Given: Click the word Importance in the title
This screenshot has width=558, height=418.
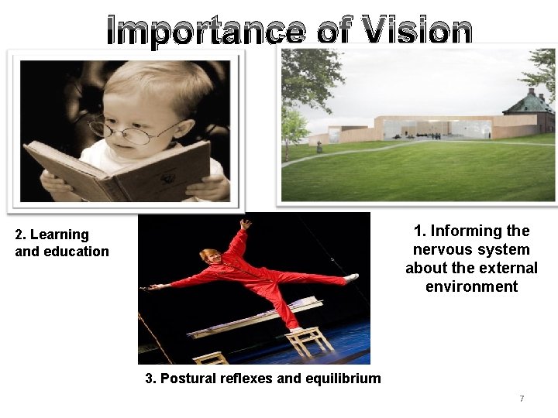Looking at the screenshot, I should tap(205, 31).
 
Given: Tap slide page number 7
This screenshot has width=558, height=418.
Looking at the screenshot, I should tap(522, 399).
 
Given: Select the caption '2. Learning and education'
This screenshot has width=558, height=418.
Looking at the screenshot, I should tap(62, 243).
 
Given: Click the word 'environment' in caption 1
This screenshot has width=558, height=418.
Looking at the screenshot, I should tap(471, 286).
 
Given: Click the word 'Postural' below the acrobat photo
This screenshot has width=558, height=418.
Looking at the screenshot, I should tap(189, 379).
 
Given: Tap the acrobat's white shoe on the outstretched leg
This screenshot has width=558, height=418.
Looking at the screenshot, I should tap(351, 277).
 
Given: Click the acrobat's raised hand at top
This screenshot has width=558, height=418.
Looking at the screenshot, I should tap(246, 224).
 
